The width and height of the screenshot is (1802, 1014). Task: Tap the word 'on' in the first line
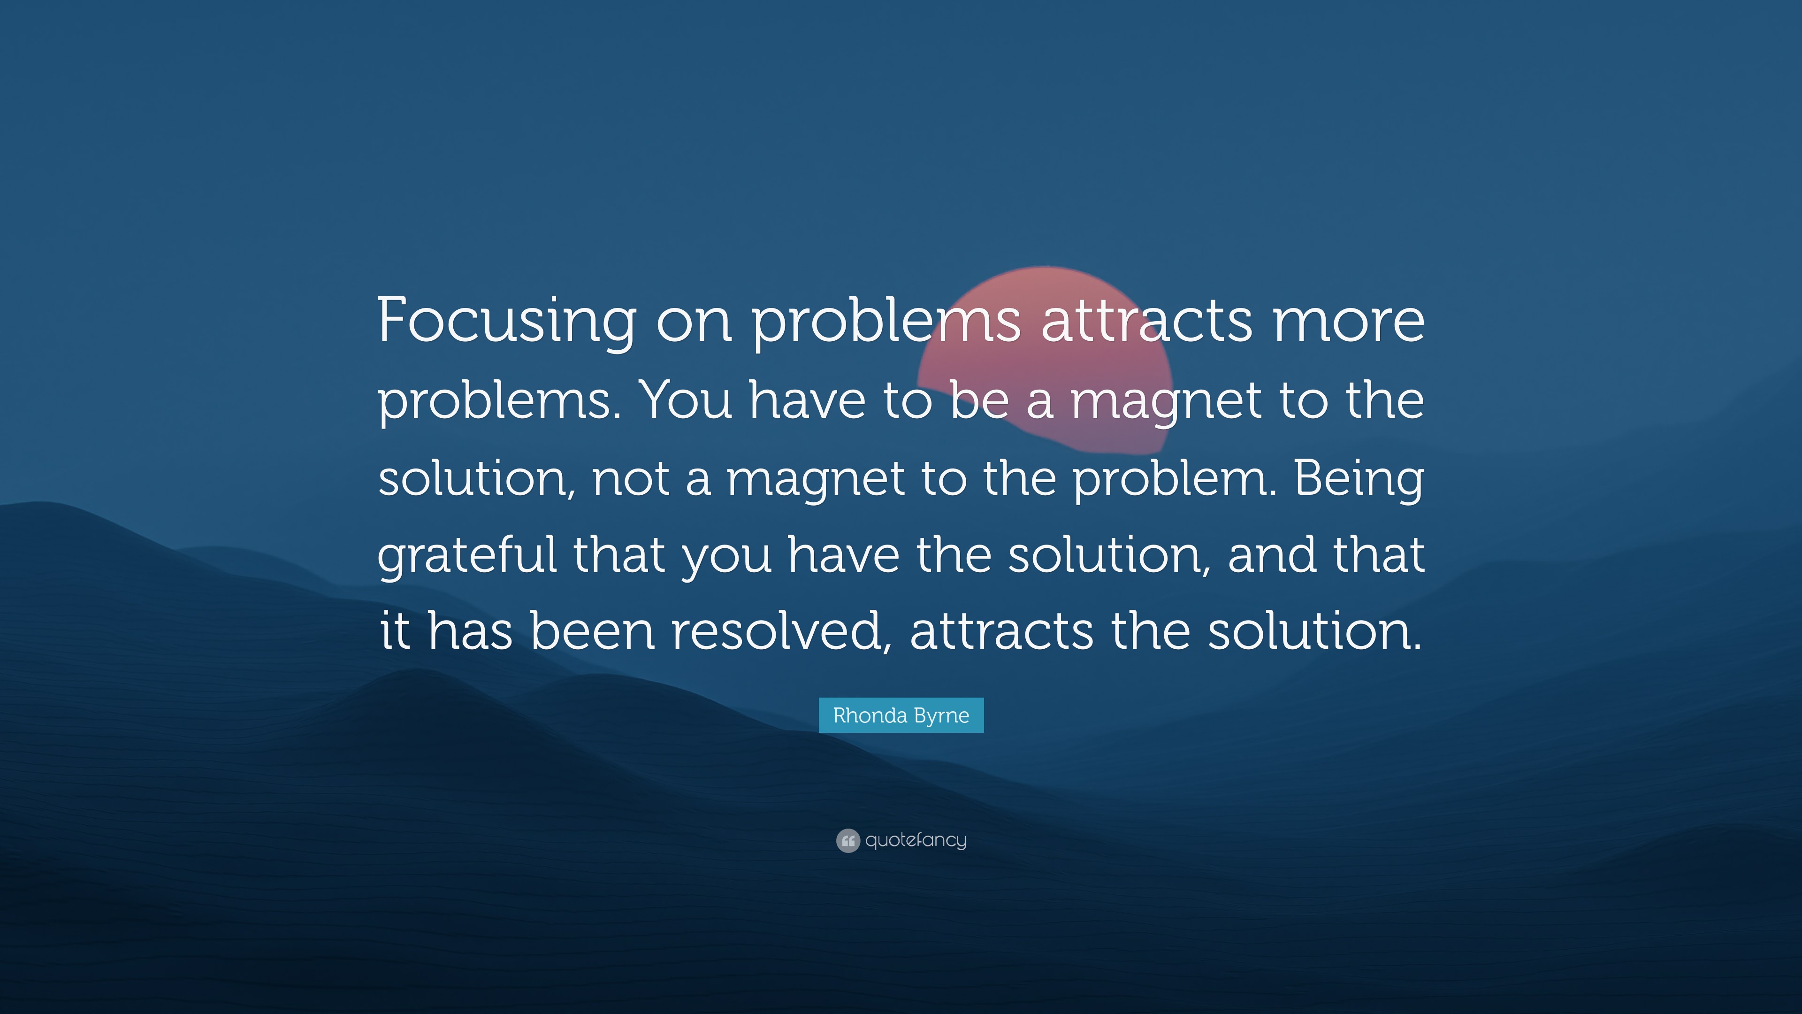point(693,321)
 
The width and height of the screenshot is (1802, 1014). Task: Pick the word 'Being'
point(1359,479)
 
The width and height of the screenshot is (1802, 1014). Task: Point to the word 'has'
point(469,630)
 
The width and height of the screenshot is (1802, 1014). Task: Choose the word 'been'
point(592,630)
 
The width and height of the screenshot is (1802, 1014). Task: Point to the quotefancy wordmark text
point(916,840)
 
